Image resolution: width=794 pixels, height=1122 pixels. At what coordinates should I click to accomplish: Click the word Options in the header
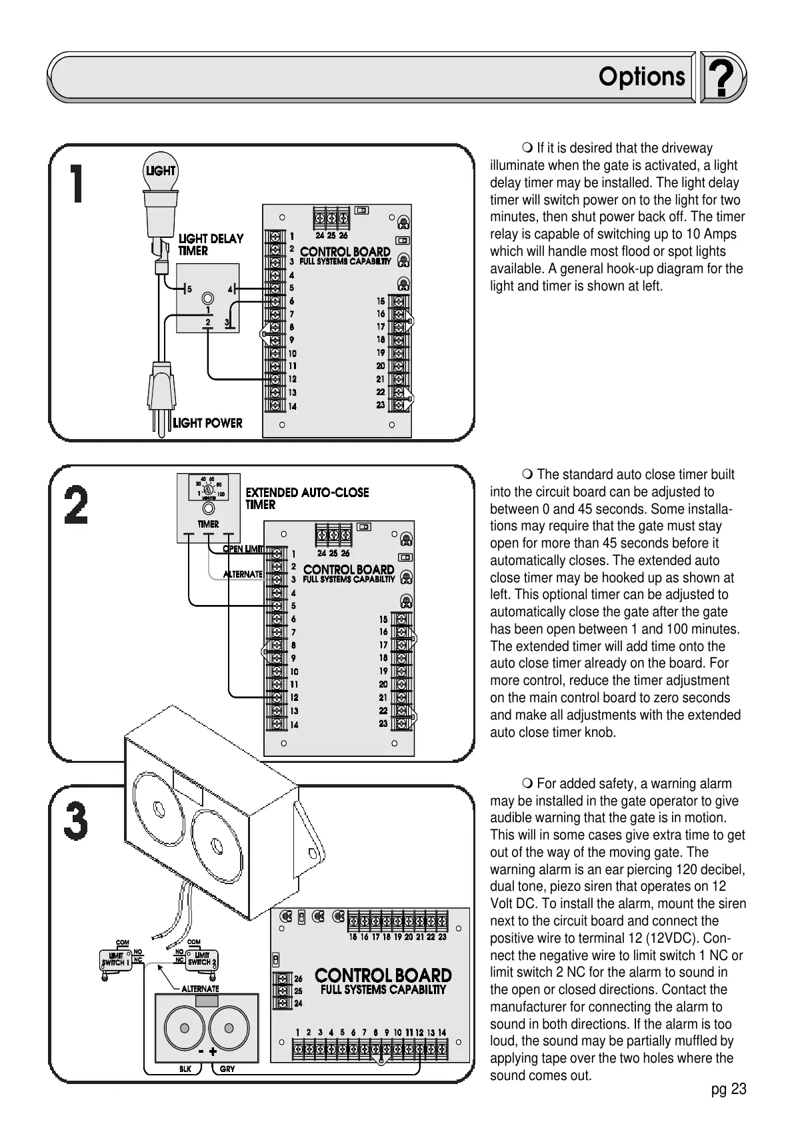641,77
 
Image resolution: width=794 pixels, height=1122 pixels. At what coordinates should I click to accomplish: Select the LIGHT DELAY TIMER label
211,245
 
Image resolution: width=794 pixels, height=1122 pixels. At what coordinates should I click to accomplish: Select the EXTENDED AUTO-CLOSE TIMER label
307,498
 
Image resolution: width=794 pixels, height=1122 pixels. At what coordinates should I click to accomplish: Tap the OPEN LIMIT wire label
243,549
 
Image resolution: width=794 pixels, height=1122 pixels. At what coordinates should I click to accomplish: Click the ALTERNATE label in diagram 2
243,574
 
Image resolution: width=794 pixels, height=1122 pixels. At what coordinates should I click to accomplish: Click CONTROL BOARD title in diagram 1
345,252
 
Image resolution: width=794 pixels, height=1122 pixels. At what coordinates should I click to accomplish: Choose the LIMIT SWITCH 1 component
114,960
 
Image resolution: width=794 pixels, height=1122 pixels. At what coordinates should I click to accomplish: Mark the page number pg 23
728,1089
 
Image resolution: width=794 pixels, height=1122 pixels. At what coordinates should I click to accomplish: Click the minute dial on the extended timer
209,488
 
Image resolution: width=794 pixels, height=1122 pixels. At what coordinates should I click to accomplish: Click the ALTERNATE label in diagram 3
200,989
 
